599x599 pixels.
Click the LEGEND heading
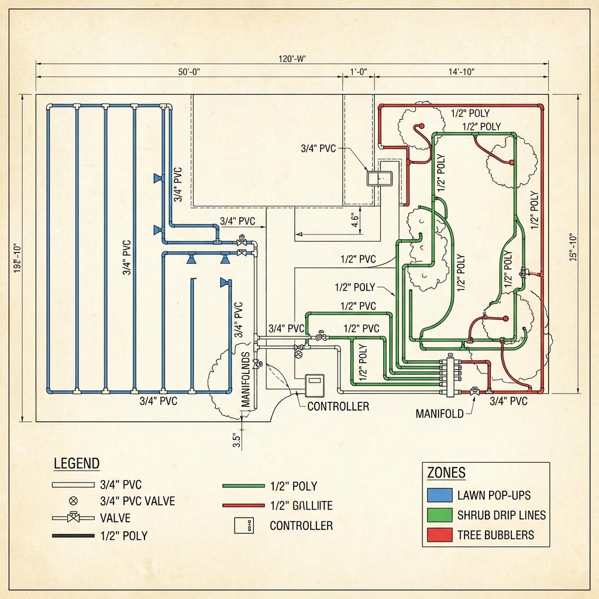(77, 464)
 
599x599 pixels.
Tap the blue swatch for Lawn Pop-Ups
(440, 495)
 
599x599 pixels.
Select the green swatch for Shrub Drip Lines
(440, 515)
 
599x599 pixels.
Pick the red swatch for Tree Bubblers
(440, 535)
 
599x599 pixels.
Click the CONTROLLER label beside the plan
(338, 406)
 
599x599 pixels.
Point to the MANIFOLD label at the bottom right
(439, 414)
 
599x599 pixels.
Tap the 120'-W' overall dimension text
(292, 58)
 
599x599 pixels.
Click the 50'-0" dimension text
(189, 72)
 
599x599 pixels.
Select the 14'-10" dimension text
(461, 72)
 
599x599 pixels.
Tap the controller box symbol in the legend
(243, 525)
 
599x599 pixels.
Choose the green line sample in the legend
(243, 486)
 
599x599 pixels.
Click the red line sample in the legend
(243, 505)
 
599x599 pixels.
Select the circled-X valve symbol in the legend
(73, 501)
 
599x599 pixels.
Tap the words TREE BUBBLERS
(495, 535)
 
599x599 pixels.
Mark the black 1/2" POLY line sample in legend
(73, 535)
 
